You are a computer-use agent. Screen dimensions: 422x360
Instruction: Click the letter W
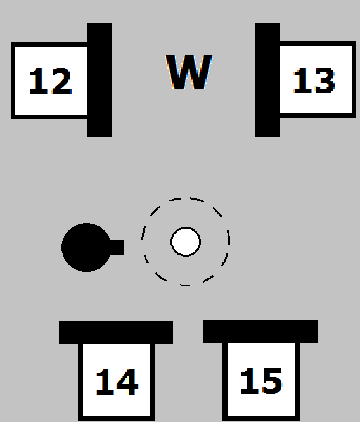click(x=188, y=72)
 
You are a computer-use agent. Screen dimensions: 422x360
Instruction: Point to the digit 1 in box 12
click(x=38, y=81)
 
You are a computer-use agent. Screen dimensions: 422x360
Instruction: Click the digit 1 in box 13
click(x=302, y=81)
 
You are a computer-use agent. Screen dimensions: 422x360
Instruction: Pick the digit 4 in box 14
click(x=126, y=381)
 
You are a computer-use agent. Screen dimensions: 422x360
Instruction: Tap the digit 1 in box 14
click(x=104, y=381)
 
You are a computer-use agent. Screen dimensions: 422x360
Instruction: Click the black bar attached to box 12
click(x=100, y=80)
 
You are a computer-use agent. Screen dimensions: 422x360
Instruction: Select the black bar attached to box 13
click(x=267, y=80)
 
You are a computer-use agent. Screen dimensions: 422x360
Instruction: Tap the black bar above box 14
click(x=116, y=332)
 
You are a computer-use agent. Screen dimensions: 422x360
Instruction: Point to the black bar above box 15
click(x=260, y=332)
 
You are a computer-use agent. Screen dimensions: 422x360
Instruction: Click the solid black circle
click(x=86, y=247)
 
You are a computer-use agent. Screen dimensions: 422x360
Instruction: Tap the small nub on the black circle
click(x=117, y=247)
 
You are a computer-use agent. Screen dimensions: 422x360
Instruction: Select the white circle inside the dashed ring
click(x=186, y=241)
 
